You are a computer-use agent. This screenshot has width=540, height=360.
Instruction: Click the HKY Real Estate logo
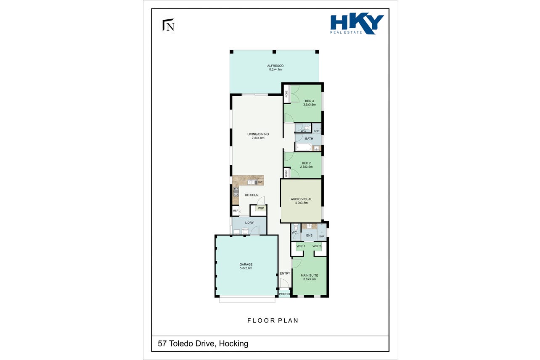coord(357,24)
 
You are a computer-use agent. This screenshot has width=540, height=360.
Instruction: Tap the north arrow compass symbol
coord(169,25)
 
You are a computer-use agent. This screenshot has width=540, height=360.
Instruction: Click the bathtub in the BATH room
coord(304,147)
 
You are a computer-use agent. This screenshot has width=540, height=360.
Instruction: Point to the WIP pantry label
coord(261,208)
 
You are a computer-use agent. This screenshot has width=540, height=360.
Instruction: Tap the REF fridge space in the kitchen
coord(236,211)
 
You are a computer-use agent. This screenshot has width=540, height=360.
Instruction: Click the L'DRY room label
coord(249,222)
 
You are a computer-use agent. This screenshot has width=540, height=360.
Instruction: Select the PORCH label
coord(284,294)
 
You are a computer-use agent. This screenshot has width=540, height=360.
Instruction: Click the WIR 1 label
coord(301,246)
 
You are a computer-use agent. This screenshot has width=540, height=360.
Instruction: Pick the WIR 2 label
coord(317,246)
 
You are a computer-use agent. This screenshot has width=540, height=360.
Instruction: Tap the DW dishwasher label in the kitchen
coord(260,182)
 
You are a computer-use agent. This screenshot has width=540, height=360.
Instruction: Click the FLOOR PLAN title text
coord(273,320)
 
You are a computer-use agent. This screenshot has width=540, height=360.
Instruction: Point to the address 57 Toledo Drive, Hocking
coord(203,343)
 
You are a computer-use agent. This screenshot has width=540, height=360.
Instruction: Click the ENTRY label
coord(285,273)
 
